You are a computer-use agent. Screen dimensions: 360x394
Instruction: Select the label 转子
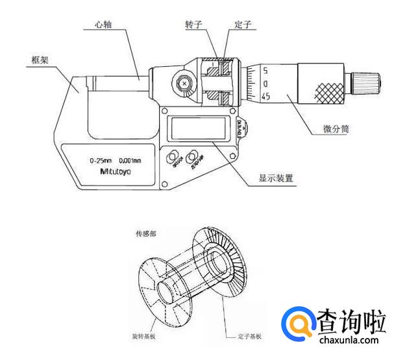coord(195,24)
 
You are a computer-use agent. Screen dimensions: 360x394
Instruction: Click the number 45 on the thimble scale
coord(265,96)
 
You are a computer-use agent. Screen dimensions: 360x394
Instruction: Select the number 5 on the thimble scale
coord(266,71)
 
